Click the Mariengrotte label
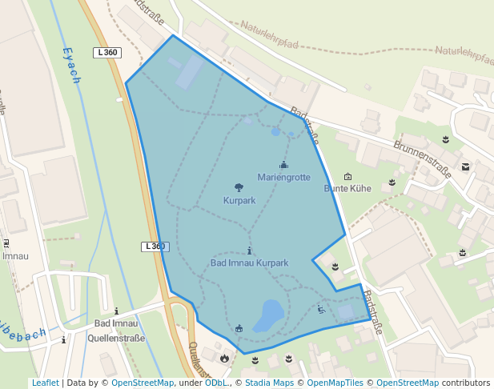tap(283, 177)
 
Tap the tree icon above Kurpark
tap(239, 188)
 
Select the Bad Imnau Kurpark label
tap(249, 263)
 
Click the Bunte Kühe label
tap(347, 189)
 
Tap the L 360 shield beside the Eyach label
tap(106, 53)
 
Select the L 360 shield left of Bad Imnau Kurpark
tap(155, 247)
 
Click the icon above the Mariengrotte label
tap(283, 165)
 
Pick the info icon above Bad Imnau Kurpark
tap(249, 251)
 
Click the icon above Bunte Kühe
tap(347, 177)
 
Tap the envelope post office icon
tap(465, 167)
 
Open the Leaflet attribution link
tap(45, 383)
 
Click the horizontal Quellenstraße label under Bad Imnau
tap(116, 338)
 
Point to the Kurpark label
tap(239, 200)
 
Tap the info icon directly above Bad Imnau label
tap(116, 311)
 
